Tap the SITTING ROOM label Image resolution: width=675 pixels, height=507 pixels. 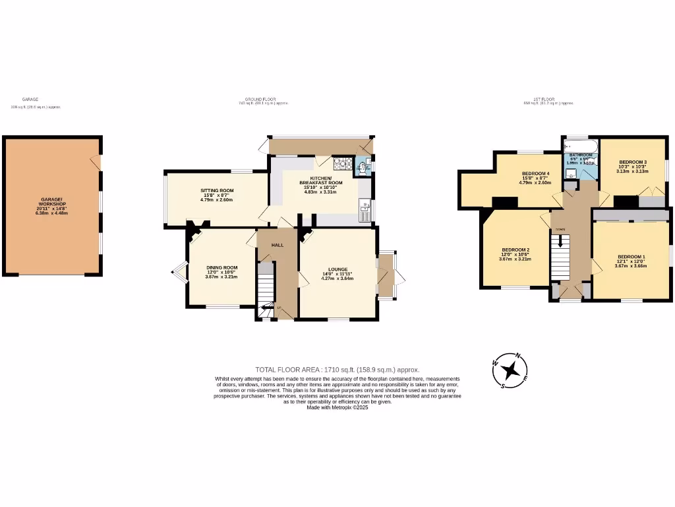[x=217, y=190]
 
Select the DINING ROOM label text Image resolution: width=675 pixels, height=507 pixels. [x=221, y=267]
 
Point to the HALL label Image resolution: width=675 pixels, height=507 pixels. [x=278, y=245]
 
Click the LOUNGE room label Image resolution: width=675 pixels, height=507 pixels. [x=337, y=269]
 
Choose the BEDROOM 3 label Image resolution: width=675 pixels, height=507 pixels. [x=632, y=162]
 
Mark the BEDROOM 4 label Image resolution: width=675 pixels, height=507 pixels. [x=535, y=174]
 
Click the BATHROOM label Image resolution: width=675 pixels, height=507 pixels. [x=581, y=155]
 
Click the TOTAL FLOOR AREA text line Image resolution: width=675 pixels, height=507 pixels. [x=337, y=370]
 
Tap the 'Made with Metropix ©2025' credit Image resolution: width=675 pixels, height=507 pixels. [x=337, y=407]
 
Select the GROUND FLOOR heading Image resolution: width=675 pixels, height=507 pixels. [x=262, y=99]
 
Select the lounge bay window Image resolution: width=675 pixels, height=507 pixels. [x=387, y=275]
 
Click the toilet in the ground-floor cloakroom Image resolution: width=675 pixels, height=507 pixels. [x=361, y=168]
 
